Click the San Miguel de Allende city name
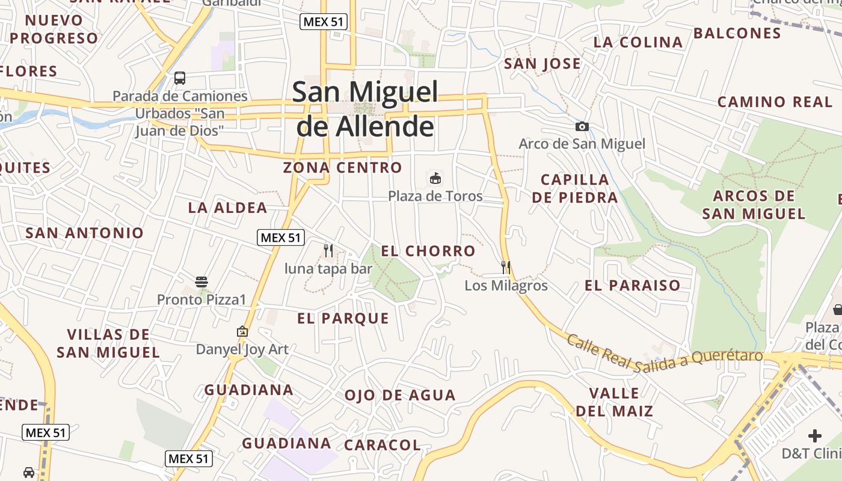point(365,109)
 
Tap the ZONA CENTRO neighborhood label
point(342,168)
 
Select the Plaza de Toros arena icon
point(435,178)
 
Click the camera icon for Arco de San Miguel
point(582,126)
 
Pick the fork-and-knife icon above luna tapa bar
point(328,250)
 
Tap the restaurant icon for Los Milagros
point(506,267)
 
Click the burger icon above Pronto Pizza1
point(201,281)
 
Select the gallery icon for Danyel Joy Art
point(242,331)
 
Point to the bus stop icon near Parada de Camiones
point(179,78)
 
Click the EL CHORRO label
point(428,251)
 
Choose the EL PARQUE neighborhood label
point(343,319)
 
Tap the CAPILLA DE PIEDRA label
point(574,189)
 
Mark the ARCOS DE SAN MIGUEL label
point(754,205)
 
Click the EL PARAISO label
point(632,286)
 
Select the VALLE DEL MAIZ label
point(614,402)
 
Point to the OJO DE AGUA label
point(400,396)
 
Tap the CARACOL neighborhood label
point(382,446)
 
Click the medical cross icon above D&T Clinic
point(814,435)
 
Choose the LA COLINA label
point(638,43)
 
